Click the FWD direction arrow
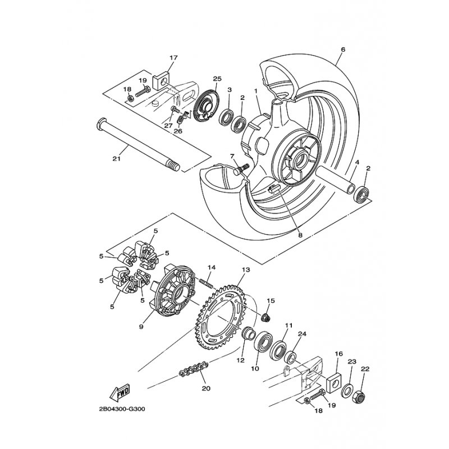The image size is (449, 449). pyautogui.click(x=120, y=391)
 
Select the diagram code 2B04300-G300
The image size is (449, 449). pyautogui.click(x=122, y=409)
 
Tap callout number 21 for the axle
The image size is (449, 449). pyautogui.click(x=117, y=158)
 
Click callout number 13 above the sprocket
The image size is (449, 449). pyautogui.click(x=245, y=270)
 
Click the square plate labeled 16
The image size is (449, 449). pyautogui.click(x=333, y=383)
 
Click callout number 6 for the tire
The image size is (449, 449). pyautogui.click(x=343, y=49)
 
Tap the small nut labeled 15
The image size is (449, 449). pyautogui.click(x=265, y=317)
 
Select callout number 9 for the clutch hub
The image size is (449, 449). pyautogui.click(x=141, y=327)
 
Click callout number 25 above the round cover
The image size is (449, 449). pyautogui.click(x=217, y=79)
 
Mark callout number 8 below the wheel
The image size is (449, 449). pyautogui.click(x=300, y=235)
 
